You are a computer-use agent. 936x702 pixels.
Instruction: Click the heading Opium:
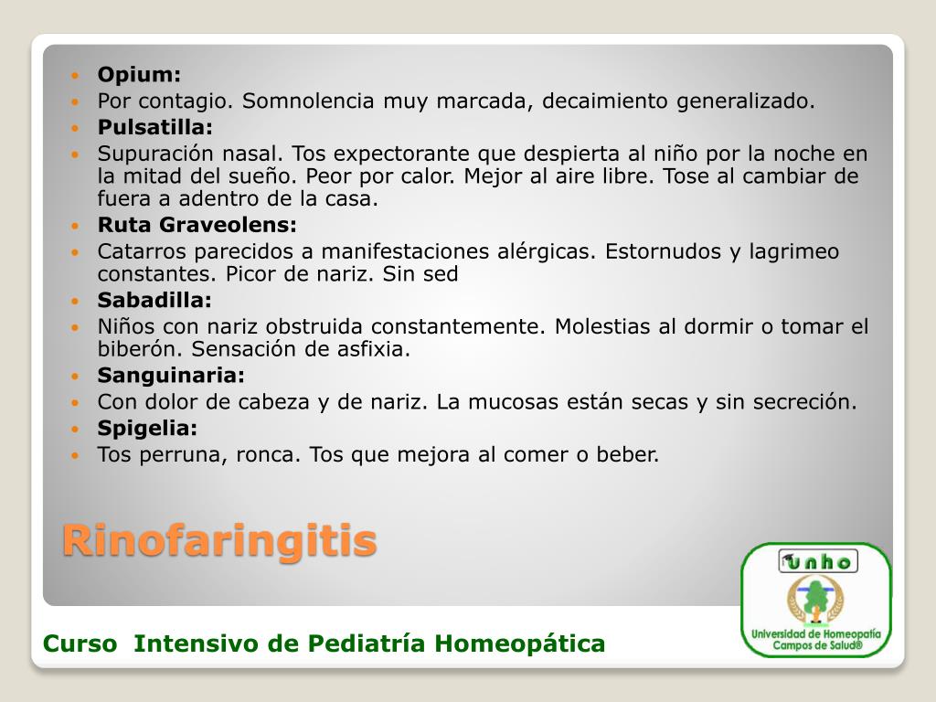(x=140, y=74)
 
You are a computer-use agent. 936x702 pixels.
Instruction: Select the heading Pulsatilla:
(x=155, y=126)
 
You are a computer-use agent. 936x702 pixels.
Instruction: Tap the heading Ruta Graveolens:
(x=197, y=225)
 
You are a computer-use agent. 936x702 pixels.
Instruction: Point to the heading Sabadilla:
(x=154, y=300)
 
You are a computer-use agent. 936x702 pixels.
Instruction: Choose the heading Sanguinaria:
(x=171, y=375)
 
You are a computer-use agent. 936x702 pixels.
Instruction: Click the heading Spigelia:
(x=147, y=428)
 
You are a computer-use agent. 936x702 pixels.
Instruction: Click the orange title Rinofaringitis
(x=219, y=540)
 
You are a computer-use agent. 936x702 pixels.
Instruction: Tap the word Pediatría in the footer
(x=367, y=644)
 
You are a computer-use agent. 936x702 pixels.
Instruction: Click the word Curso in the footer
(x=80, y=644)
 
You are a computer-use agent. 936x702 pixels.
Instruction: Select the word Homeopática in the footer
(x=519, y=644)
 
